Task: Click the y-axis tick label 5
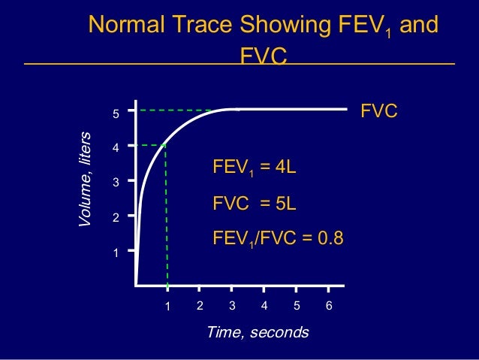pyautogui.click(x=116, y=115)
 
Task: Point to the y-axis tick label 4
pyautogui.click(x=116, y=149)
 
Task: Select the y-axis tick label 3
pyautogui.click(x=116, y=183)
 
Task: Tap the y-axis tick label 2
pyautogui.click(x=116, y=218)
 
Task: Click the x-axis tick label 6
pyautogui.click(x=329, y=306)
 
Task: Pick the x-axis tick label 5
pyautogui.click(x=297, y=306)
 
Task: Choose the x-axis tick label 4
pyautogui.click(x=264, y=306)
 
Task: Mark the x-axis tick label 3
pyautogui.click(x=232, y=306)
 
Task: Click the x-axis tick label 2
pyautogui.click(x=200, y=306)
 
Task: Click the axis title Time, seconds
pyautogui.click(x=258, y=332)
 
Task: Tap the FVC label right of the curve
pyautogui.click(x=379, y=111)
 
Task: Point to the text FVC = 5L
pyautogui.click(x=255, y=204)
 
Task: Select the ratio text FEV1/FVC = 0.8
pyautogui.click(x=279, y=239)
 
